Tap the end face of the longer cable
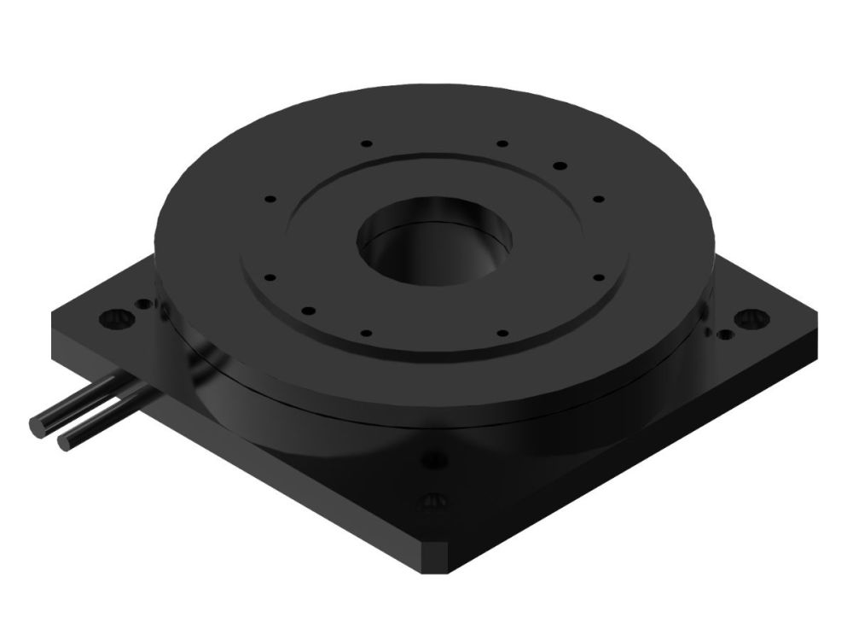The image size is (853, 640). pyautogui.click(x=38, y=424)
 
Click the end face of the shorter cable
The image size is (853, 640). pyautogui.click(x=64, y=442)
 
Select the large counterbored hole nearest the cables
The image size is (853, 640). pyautogui.click(x=113, y=319)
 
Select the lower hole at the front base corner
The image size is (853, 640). pyautogui.click(x=435, y=501)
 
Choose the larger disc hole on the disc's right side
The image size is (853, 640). pyautogui.click(x=560, y=165)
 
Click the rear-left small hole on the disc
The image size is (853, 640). pyautogui.click(x=365, y=143)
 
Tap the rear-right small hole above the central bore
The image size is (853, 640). pyautogui.click(x=502, y=143)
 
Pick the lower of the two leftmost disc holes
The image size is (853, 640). pyautogui.click(x=270, y=276)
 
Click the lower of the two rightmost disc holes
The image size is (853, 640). pyautogui.click(x=598, y=276)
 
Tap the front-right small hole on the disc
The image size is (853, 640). pyautogui.click(x=502, y=332)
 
